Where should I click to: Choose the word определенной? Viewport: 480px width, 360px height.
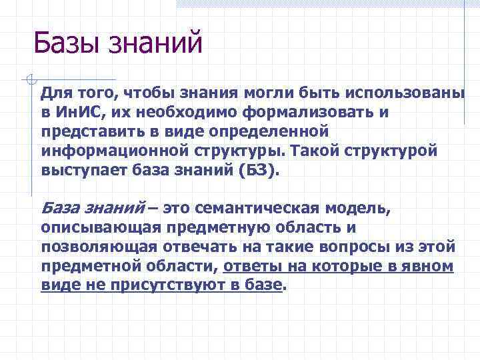pyautogui.click(x=268, y=131)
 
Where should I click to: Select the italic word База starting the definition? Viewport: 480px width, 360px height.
pyautogui.click(x=61, y=209)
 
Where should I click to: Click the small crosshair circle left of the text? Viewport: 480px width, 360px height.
pyautogui.click(x=27, y=79)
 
